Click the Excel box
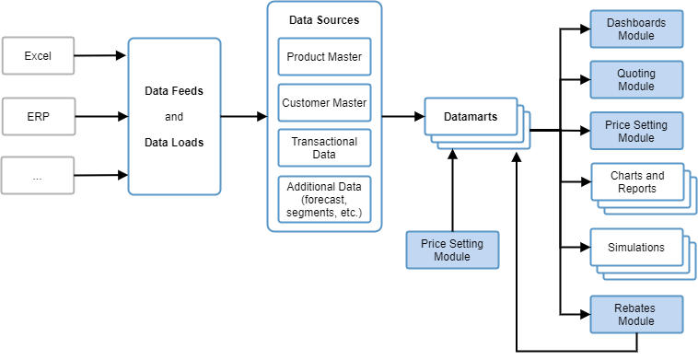[38, 56]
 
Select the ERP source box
[38, 116]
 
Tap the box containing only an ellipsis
[38, 175]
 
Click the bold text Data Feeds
[174, 91]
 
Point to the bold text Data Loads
[174, 143]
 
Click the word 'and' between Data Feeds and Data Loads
[174, 117]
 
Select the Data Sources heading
[323, 19]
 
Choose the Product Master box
[324, 57]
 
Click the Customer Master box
[324, 103]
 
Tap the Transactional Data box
[324, 148]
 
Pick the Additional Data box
[324, 199]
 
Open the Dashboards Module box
[636, 29]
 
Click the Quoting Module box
[636, 79]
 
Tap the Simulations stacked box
[636, 248]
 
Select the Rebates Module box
[636, 314]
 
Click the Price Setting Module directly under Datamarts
[452, 250]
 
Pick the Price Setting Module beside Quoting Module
[636, 131]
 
